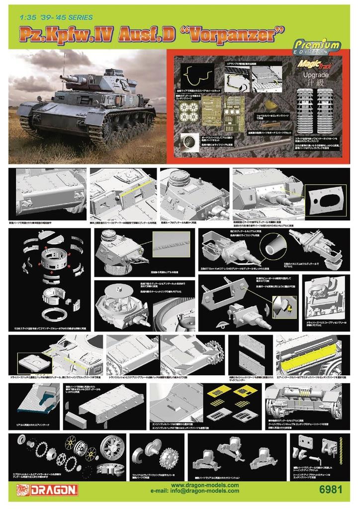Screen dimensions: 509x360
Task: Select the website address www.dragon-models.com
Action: (x=204, y=485)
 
